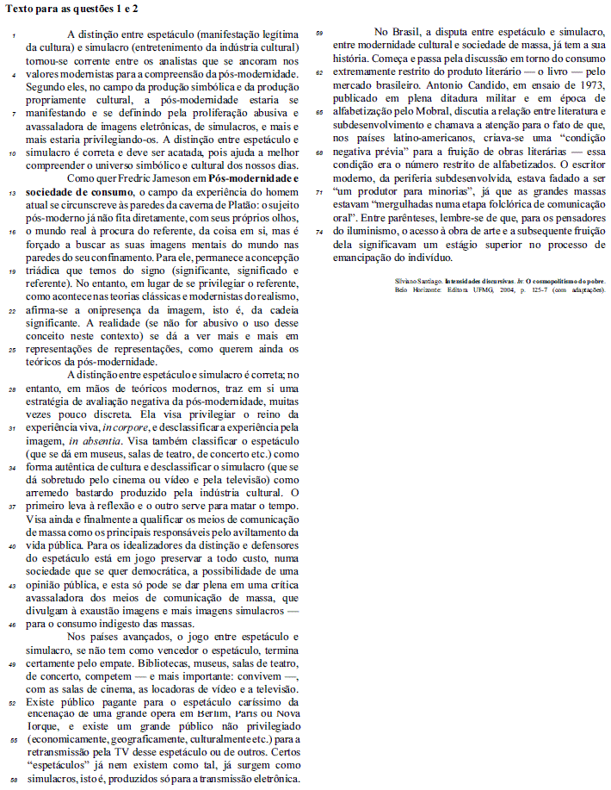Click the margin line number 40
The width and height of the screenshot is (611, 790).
pos(12,546)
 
